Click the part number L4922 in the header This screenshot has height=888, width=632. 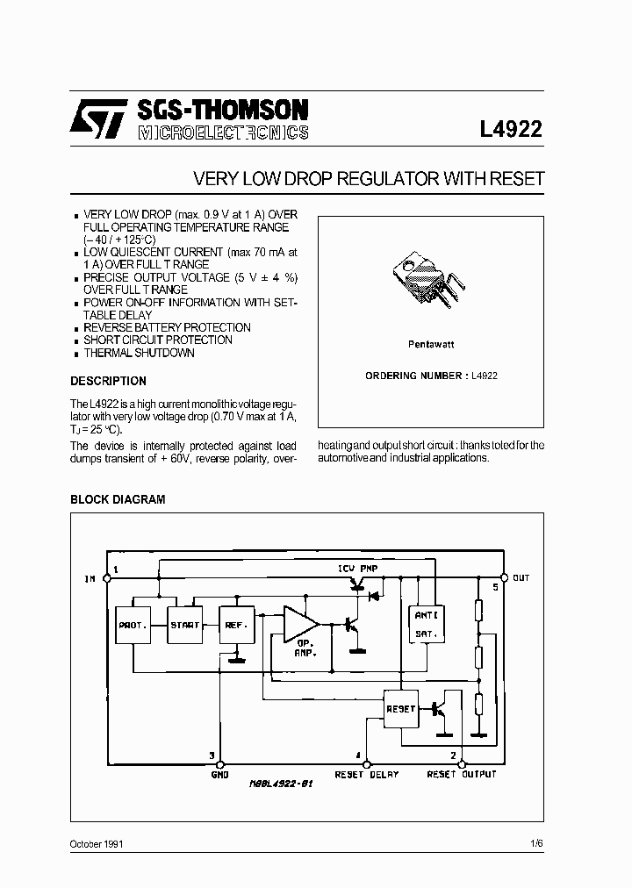511,130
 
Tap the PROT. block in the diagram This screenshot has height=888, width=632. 133,625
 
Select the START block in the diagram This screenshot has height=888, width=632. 184,625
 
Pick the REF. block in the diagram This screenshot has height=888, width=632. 236,625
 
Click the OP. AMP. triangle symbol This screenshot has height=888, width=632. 301,625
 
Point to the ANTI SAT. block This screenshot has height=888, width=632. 426,623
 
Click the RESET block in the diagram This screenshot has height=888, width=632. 401,708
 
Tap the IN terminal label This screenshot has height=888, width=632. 90,579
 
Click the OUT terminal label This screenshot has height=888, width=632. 521,578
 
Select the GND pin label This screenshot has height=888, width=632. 219,775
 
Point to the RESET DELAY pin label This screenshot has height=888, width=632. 367,775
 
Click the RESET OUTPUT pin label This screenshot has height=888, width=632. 462,775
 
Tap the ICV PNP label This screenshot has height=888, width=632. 359,569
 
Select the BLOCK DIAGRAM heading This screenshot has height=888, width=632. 118,499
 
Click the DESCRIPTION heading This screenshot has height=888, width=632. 108,382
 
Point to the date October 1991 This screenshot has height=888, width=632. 97,843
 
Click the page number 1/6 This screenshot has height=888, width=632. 536,843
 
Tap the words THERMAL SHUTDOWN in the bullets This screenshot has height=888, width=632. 139,353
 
